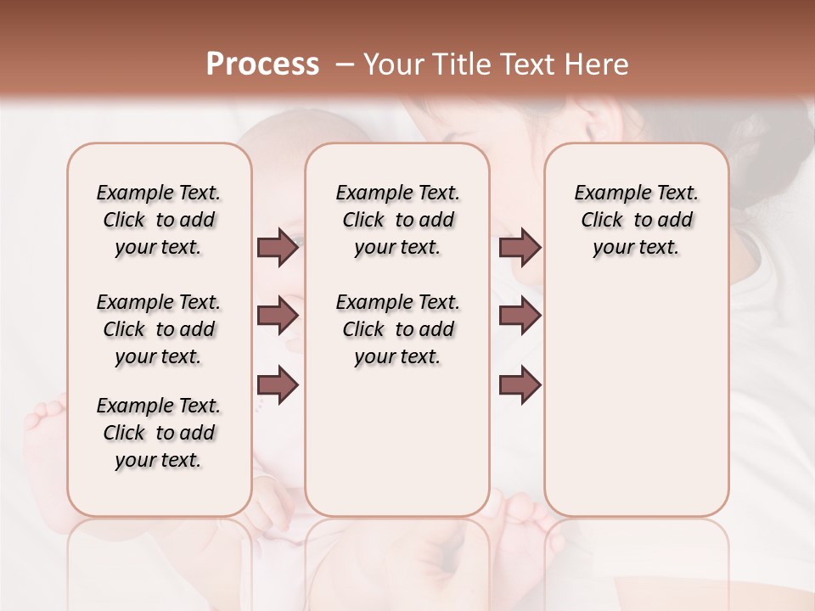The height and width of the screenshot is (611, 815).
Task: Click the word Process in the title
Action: pyautogui.click(x=262, y=64)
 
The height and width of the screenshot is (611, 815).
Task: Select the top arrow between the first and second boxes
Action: pyautogui.click(x=278, y=248)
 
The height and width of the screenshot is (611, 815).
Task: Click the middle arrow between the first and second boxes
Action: pyautogui.click(x=278, y=316)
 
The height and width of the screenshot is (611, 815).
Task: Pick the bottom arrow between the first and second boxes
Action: pyautogui.click(x=278, y=385)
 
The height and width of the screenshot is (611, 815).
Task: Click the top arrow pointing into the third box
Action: pyautogui.click(x=520, y=248)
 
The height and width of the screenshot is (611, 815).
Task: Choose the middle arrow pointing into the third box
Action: pyautogui.click(x=520, y=316)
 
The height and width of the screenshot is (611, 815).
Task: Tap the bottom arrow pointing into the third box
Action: pyautogui.click(x=520, y=385)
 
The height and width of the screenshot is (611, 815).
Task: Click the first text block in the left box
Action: pyautogui.click(x=159, y=221)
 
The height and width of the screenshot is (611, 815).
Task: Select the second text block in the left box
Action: pyautogui.click(x=159, y=329)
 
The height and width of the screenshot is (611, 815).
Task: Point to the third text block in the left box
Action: pyautogui.click(x=159, y=433)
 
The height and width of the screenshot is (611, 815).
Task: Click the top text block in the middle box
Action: pyautogui.click(x=397, y=221)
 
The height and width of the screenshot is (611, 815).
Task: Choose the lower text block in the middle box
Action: pyautogui.click(x=397, y=329)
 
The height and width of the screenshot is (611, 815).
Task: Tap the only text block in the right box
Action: pyautogui.click(x=636, y=221)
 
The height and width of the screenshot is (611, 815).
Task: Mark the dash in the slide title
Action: pyautogui.click(x=344, y=64)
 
